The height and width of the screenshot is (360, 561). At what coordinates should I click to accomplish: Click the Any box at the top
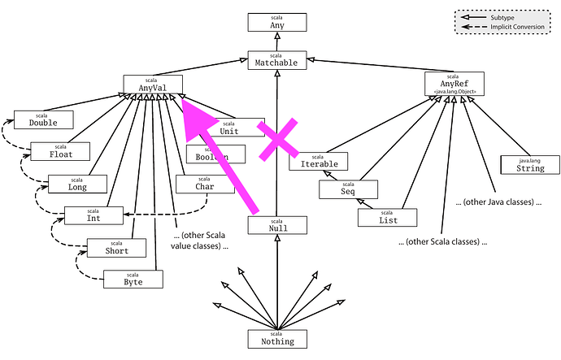(277, 22)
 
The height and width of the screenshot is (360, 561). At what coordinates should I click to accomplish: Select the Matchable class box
(277, 59)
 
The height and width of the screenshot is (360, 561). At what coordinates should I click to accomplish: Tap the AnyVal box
(152, 83)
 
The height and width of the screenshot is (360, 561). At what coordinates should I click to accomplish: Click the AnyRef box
(454, 83)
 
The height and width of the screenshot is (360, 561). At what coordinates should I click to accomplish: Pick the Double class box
(43, 119)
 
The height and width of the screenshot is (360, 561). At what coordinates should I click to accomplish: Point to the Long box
(77, 184)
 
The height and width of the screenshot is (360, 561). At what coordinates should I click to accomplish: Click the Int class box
(93, 215)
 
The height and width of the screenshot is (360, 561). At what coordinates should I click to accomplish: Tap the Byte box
(133, 279)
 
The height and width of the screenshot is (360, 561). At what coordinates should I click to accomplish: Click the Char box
(205, 184)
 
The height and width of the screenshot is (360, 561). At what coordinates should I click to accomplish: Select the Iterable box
(318, 161)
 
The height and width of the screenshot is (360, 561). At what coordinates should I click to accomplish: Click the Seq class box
(348, 189)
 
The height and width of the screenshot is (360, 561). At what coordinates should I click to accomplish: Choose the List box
(387, 217)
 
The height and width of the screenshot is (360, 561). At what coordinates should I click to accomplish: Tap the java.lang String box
(530, 165)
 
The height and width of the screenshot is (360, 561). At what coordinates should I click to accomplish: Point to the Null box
(277, 226)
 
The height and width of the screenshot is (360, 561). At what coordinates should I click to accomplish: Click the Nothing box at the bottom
(277, 338)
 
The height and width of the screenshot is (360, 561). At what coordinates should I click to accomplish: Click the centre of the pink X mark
(277, 139)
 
